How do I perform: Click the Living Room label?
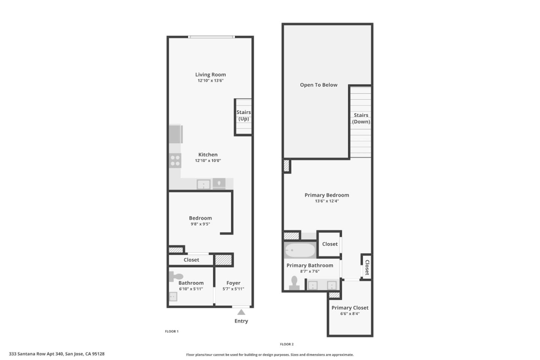click(x=210, y=75)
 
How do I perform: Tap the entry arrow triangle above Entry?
click(x=241, y=312)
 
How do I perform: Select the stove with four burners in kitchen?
click(x=175, y=160)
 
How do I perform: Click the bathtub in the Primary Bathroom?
click(x=300, y=250)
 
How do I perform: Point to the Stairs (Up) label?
click(x=243, y=115)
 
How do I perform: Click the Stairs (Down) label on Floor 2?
click(x=361, y=118)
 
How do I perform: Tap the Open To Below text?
click(x=318, y=85)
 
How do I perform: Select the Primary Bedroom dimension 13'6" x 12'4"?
click(x=327, y=201)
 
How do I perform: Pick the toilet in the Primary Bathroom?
click(x=294, y=283)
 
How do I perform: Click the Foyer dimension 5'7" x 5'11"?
click(x=233, y=289)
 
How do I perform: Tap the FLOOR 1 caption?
click(x=172, y=331)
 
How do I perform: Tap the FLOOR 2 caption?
click(x=286, y=344)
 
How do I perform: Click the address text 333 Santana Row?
click(x=57, y=354)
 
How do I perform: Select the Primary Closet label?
click(x=350, y=308)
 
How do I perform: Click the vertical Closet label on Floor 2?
click(x=367, y=267)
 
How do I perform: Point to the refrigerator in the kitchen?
click(x=175, y=134)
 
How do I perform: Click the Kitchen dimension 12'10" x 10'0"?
click(x=208, y=160)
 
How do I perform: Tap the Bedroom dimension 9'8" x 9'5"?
click(x=200, y=224)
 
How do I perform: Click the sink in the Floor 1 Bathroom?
click(x=173, y=297)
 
